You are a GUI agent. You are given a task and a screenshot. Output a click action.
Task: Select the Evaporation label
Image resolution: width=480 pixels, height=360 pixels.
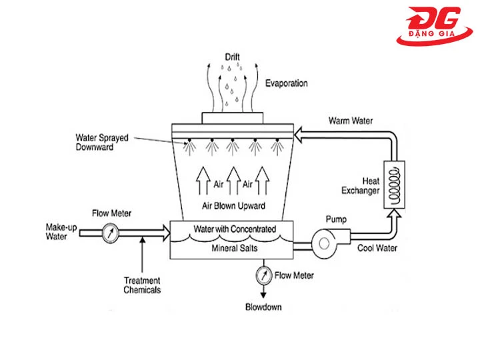click(x=287, y=83)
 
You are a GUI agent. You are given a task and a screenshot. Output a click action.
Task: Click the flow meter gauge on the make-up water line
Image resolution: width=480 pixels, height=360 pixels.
click(x=111, y=233)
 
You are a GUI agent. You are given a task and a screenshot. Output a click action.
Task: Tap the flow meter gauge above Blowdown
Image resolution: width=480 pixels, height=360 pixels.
click(x=265, y=275)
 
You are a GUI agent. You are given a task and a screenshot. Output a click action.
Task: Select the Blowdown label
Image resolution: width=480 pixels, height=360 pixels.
click(x=263, y=307)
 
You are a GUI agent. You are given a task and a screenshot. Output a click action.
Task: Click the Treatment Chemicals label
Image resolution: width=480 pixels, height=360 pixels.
click(x=143, y=285)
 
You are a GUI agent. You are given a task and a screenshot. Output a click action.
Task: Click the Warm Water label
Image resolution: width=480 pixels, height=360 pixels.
click(x=351, y=121)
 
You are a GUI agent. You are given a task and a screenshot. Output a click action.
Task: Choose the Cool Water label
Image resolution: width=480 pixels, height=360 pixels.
click(x=377, y=248)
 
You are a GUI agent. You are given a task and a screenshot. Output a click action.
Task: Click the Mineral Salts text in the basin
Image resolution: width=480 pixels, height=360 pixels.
click(x=234, y=247)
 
